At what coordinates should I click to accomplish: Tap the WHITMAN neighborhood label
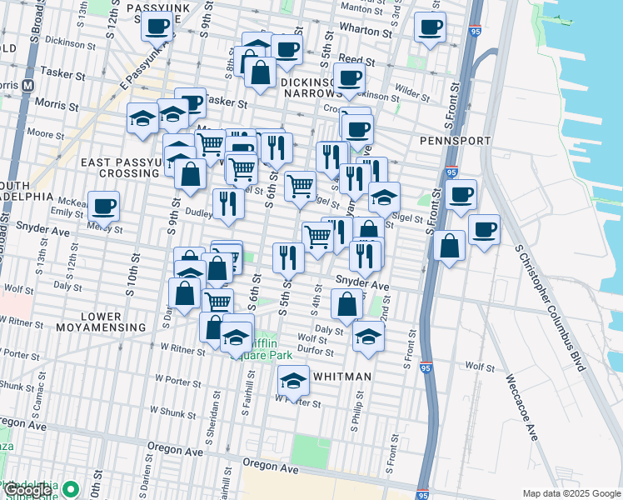(x=341, y=377)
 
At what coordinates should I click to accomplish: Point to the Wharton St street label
(x=364, y=33)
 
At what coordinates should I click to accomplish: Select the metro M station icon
(x=28, y=85)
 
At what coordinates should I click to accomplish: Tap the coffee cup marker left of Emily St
(x=104, y=206)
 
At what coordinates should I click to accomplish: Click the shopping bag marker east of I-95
(x=449, y=245)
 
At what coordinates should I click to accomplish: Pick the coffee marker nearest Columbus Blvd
(x=484, y=229)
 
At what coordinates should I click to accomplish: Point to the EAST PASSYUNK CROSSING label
(x=117, y=167)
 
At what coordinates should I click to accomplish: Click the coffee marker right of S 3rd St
(x=430, y=27)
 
